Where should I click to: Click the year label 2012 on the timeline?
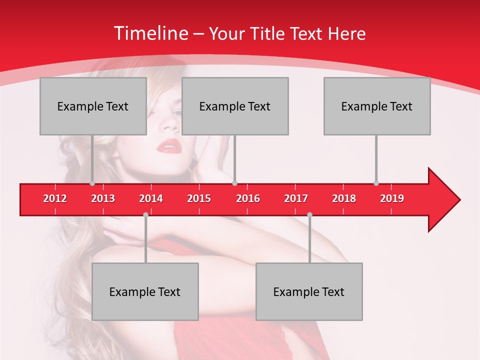(x=55, y=198)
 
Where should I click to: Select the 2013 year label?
(x=103, y=198)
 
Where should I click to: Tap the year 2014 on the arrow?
(x=151, y=198)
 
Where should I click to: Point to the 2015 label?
(x=199, y=198)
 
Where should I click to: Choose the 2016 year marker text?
(x=248, y=198)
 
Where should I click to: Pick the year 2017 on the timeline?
(x=296, y=198)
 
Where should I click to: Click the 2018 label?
(x=344, y=198)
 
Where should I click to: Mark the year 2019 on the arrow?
(x=392, y=198)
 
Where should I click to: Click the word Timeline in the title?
(x=150, y=33)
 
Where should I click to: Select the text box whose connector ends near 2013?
(x=93, y=106)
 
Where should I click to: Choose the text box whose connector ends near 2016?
(x=235, y=106)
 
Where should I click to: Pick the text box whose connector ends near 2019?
(x=377, y=106)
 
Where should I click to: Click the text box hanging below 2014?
(x=145, y=291)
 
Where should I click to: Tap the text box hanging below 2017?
(x=309, y=291)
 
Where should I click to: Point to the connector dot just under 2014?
(x=145, y=214)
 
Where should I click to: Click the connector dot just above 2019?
(x=376, y=183)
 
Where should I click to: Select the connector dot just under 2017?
(x=309, y=214)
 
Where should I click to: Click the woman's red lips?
(x=168, y=146)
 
